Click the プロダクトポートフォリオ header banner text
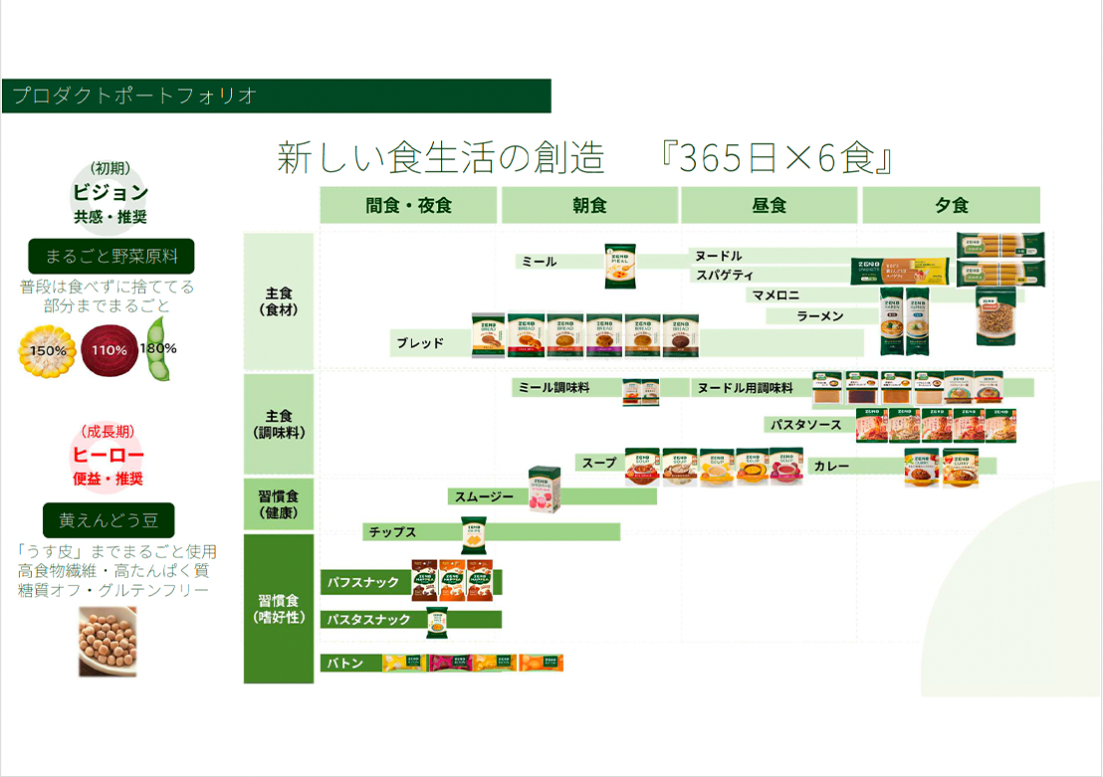134,97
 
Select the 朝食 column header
589,206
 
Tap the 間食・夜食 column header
408,206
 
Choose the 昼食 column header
770,206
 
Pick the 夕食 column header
951,206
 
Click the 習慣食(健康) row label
279,504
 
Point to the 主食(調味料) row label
279,424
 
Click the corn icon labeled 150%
47,350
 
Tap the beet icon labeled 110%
109,349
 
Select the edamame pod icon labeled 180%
158,349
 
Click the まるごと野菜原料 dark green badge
111,257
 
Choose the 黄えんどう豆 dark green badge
109,520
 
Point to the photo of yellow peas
108,642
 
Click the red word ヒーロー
109,456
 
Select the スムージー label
484,495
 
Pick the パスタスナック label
368,620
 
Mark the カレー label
830,466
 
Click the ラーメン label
820,316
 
